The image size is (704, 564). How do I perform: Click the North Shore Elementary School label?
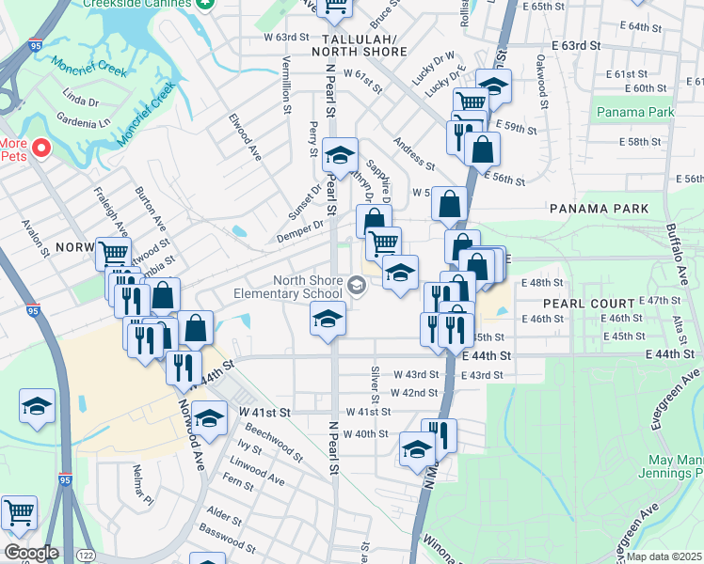[308, 286]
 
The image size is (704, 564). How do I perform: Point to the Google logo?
[31, 553]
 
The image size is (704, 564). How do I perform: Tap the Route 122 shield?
[84, 555]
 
